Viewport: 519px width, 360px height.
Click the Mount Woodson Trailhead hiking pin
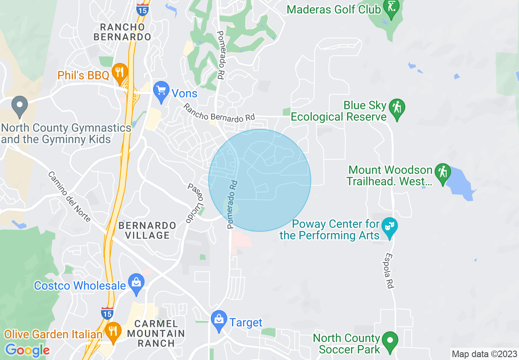click(x=442, y=173)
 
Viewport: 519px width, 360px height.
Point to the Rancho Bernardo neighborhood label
click(x=122, y=32)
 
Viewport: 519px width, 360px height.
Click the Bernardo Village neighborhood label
click(x=147, y=230)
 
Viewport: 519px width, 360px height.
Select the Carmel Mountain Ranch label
click(x=156, y=333)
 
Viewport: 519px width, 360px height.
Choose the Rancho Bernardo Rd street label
click(x=219, y=113)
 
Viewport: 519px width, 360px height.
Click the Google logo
click(x=27, y=350)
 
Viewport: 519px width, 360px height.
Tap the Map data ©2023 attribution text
click(x=484, y=354)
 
